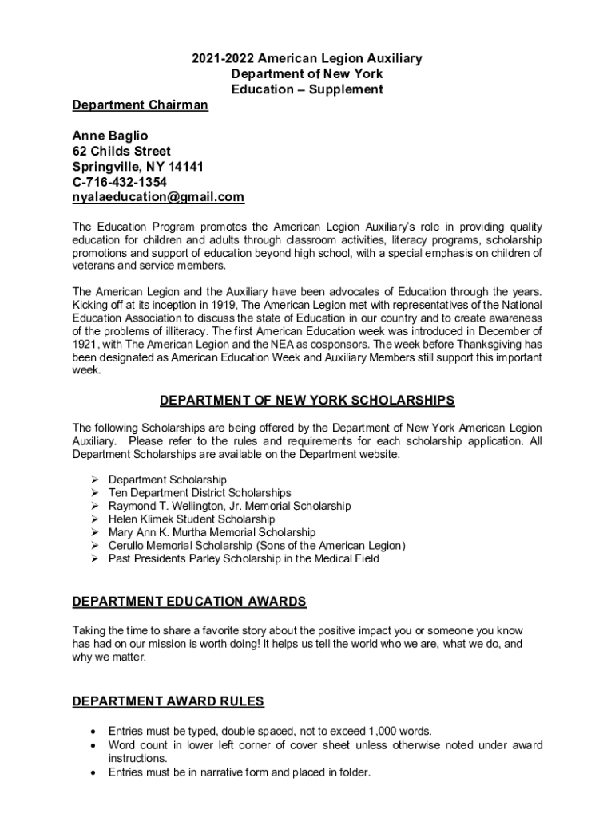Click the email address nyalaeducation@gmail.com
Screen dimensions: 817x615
158,197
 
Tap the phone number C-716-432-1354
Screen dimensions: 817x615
119,182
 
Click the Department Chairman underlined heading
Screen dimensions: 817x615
140,105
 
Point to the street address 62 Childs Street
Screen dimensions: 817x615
121,151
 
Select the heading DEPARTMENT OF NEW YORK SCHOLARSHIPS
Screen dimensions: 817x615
307,400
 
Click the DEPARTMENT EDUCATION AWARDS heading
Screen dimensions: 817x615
189,601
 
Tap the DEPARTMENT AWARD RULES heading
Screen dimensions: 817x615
168,701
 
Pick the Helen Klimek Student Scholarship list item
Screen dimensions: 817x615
192,519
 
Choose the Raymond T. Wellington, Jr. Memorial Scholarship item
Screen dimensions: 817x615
229,506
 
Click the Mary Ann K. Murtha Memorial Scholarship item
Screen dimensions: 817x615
212,532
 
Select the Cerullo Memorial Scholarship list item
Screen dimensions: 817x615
256,546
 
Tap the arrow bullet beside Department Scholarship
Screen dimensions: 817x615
94,480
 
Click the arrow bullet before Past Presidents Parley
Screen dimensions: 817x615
94,558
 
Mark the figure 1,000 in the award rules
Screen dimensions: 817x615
384,731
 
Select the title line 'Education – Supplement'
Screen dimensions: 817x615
307,89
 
